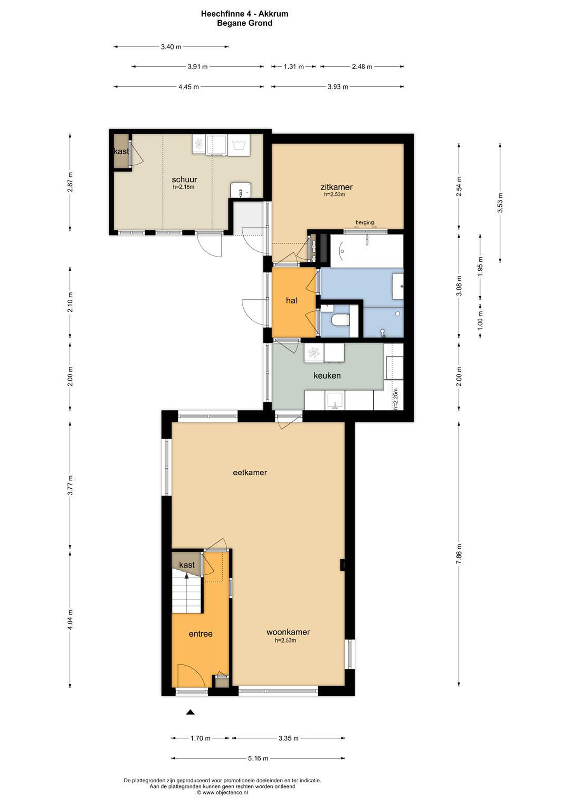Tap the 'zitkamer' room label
click(336, 187)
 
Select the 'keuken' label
click(327, 375)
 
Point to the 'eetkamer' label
click(250, 472)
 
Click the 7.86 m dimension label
click(459, 555)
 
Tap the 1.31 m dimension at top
click(294, 66)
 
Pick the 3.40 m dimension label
click(171, 47)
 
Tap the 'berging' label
click(365, 222)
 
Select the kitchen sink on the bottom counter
click(335, 400)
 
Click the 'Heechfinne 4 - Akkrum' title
click(244, 14)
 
